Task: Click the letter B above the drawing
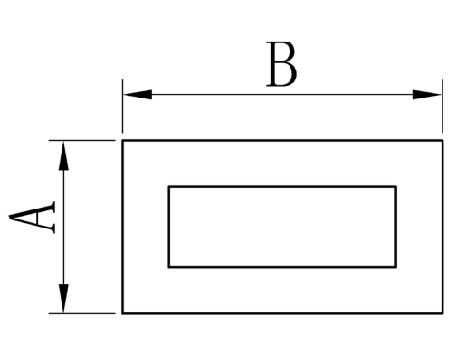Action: click(x=281, y=64)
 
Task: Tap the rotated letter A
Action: click(x=33, y=217)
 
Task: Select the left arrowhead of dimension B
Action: click(x=138, y=95)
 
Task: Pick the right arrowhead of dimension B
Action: click(x=427, y=95)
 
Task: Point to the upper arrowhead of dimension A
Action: click(x=63, y=156)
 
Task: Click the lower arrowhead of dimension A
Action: click(x=63, y=298)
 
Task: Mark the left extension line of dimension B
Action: click(x=122, y=106)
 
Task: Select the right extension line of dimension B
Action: click(x=442, y=106)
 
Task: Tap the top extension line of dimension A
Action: click(x=82, y=140)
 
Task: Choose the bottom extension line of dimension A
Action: click(x=82, y=313)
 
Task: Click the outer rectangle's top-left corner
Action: click(x=122, y=140)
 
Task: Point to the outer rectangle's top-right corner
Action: click(x=442, y=140)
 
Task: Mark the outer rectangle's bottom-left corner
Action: click(x=122, y=313)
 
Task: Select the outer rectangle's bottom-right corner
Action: click(x=442, y=313)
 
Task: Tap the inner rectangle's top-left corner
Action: click(x=169, y=187)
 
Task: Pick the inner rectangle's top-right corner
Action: click(x=396, y=187)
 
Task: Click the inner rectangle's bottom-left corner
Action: click(x=169, y=267)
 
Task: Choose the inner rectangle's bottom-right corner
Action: click(x=396, y=267)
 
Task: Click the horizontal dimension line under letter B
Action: click(x=282, y=95)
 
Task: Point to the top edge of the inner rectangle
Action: click(x=282, y=187)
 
